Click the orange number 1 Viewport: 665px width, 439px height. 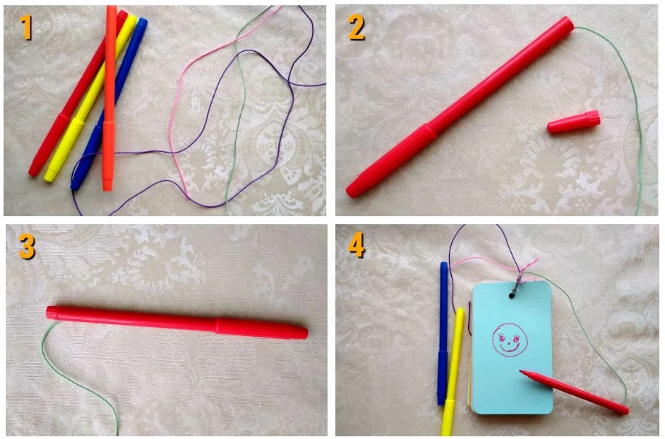(x=27, y=26)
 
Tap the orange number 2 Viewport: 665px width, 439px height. (x=356, y=27)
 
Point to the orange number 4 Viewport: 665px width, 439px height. (x=356, y=245)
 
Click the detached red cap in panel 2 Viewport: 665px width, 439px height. (x=574, y=122)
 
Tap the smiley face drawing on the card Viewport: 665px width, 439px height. (x=510, y=339)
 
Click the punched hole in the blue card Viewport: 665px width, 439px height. (x=512, y=294)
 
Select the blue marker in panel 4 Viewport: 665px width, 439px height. (x=443, y=333)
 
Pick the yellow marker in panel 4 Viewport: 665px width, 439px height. (x=452, y=371)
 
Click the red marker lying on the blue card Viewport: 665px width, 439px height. (x=574, y=392)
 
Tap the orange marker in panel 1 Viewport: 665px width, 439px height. (x=109, y=98)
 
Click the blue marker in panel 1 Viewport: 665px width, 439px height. (x=109, y=104)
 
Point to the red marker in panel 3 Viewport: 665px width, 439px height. (x=177, y=323)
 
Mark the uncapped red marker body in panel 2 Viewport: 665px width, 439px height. (x=460, y=107)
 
